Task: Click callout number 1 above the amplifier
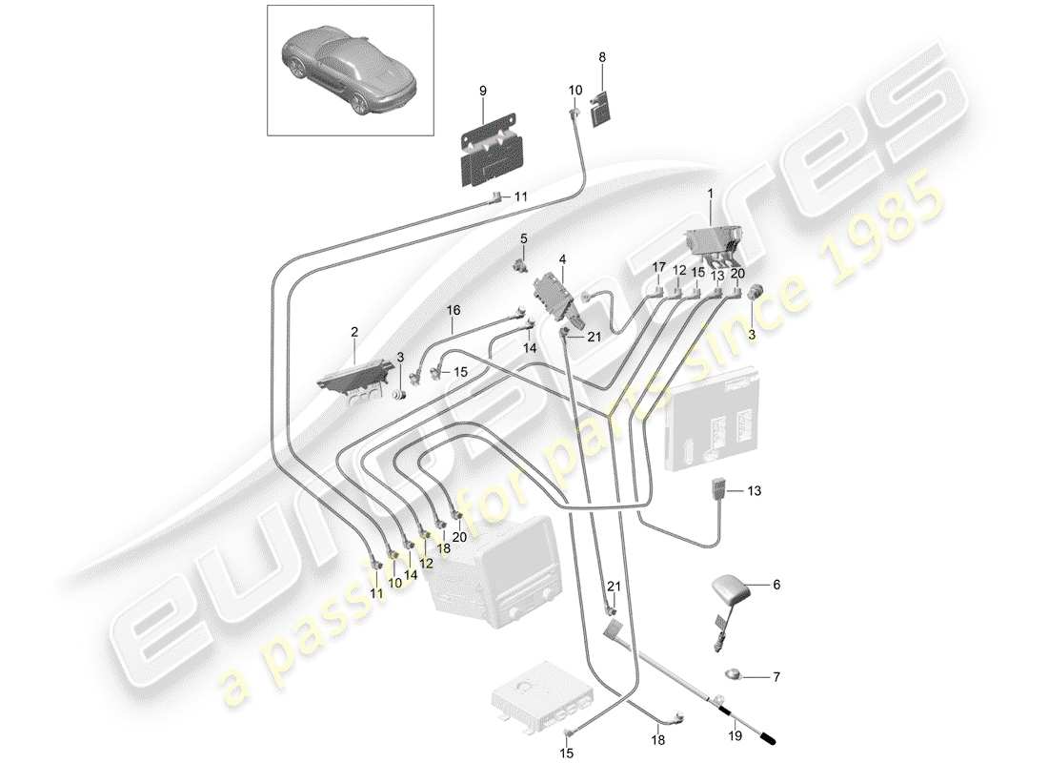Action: (x=709, y=195)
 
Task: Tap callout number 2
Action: (x=354, y=333)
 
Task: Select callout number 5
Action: (x=523, y=237)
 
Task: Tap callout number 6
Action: (x=776, y=586)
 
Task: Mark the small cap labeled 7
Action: (x=733, y=676)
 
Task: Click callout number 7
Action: (x=776, y=677)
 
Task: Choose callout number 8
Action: (x=601, y=56)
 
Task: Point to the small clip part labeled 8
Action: (x=601, y=107)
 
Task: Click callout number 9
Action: (x=482, y=91)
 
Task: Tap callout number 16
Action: (x=453, y=310)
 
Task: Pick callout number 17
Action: (x=657, y=271)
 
